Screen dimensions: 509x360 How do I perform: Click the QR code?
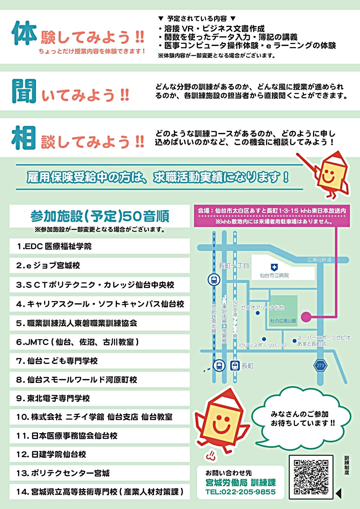[311, 477]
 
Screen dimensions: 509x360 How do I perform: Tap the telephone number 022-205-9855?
[240, 492]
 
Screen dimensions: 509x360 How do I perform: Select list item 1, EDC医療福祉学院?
[54, 246]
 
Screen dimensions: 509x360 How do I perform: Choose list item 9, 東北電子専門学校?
[53, 398]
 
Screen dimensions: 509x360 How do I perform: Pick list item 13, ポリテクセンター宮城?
[63, 473]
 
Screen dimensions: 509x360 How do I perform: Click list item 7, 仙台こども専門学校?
[57, 361]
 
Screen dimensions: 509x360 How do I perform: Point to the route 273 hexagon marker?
[320, 365]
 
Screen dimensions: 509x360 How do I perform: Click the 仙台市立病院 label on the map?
[274, 275]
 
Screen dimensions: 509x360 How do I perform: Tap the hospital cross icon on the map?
[274, 267]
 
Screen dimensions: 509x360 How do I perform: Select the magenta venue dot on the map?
[306, 317]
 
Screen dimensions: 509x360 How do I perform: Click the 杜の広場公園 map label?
[283, 321]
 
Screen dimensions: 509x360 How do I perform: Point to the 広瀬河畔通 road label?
[319, 260]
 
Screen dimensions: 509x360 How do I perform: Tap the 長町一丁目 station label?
[234, 266]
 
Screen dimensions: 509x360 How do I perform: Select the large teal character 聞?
[24, 91]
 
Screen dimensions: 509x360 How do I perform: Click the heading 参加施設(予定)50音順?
[100, 216]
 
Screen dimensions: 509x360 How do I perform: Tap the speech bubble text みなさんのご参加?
[299, 414]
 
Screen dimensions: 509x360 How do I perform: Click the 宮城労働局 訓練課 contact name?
[240, 483]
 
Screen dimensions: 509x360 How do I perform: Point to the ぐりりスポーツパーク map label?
[263, 345]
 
